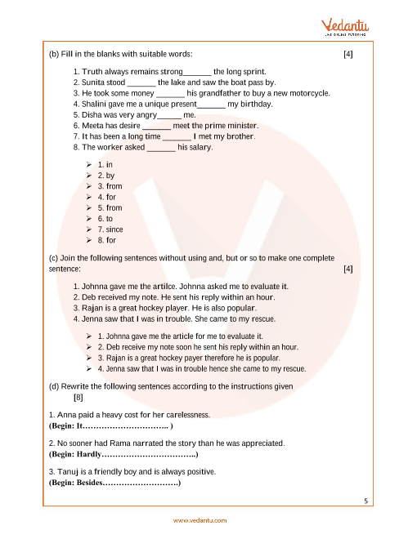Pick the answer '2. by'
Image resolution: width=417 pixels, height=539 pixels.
(106, 176)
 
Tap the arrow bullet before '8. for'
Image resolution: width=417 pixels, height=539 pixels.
(89, 241)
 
